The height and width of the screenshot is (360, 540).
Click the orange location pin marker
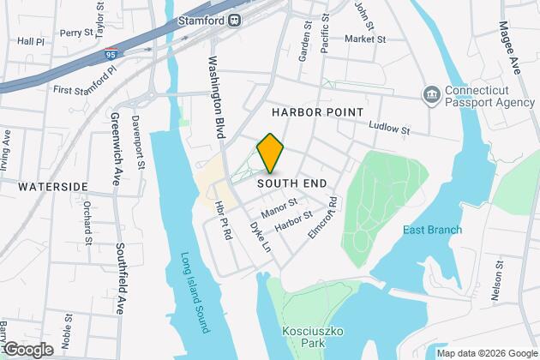click(270, 153)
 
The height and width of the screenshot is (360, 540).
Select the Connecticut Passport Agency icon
click(432, 93)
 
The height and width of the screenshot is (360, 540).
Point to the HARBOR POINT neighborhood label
click(317, 112)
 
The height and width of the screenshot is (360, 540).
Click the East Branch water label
click(433, 230)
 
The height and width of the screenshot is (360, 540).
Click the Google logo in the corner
click(28, 350)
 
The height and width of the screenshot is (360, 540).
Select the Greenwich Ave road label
click(115, 150)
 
